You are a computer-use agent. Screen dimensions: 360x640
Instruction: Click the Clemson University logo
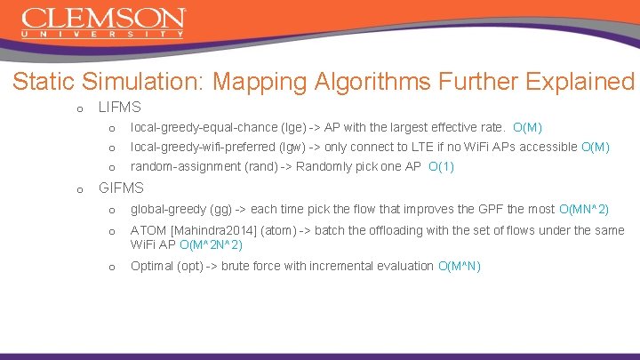pyautogui.click(x=103, y=23)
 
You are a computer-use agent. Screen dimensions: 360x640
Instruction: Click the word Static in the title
pyautogui.click(x=43, y=82)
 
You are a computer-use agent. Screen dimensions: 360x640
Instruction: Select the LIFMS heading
pyautogui.click(x=119, y=108)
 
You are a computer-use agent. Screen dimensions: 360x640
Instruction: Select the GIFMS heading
pyautogui.click(x=120, y=188)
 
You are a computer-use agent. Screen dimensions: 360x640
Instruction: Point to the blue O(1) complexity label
pyautogui.click(x=441, y=166)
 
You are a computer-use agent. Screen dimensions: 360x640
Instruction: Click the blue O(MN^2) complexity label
pyautogui.click(x=583, y=210)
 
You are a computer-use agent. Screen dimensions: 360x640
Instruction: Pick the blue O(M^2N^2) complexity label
pyautogui.click(x=211, y=244)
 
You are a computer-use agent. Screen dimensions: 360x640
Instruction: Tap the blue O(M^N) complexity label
pyautogui.click(x=460, y=266)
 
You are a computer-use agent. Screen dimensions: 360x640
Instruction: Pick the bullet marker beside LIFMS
pyautogui.click(x=81, y=108)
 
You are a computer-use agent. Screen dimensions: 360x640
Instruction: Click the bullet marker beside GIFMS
pyautogui.click(x=81, y=189)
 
